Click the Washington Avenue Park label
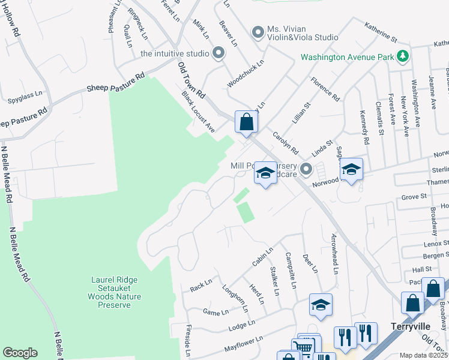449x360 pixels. (x=347, y=58)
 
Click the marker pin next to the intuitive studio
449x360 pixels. (x=218, y=53)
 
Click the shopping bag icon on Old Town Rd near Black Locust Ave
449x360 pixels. (x=246, y=122)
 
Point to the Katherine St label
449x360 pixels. (x=381, y=30)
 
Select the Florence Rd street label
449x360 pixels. (x=325, y=89)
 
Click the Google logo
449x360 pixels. (x=20, y=353)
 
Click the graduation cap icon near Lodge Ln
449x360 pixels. (x=321, y=305)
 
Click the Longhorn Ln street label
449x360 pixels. (x=235, y=298)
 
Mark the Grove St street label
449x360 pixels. (x=413, y=196)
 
